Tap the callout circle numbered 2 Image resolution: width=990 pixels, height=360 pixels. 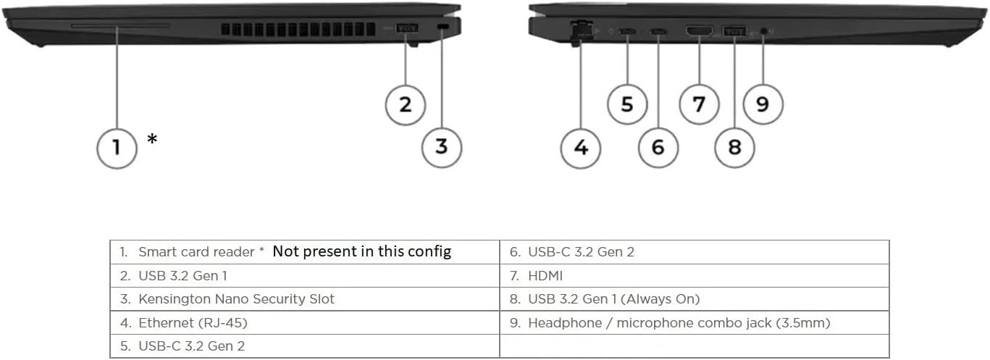[x=406, y=104]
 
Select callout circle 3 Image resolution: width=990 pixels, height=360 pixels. [x=442, y=147]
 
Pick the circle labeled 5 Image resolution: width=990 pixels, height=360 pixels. [x=627, y=104]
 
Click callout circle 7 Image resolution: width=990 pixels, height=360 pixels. [x=699, y=104]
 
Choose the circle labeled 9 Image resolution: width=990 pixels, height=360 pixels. [x=763, y=104]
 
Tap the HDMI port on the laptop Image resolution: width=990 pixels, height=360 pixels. [x=699, y=30]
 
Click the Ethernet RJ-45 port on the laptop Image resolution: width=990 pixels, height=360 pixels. [x=580, y=30]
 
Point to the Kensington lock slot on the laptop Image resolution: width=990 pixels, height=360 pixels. [x=443, y=28]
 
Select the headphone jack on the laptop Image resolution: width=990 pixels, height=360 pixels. [x=763, y=31]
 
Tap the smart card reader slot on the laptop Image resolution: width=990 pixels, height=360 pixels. [x=120, y=26]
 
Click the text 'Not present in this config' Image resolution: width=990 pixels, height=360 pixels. [x=361, y=251]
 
